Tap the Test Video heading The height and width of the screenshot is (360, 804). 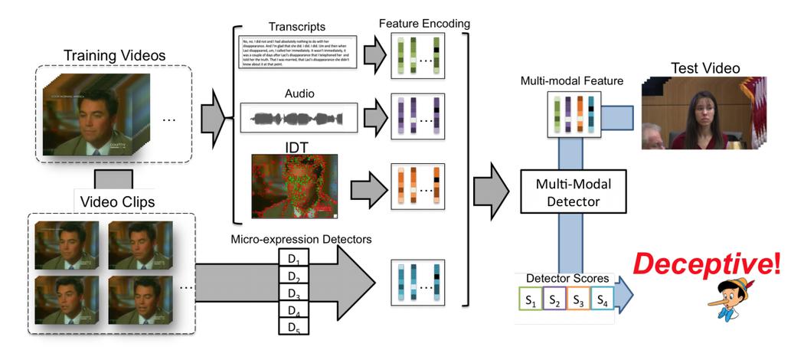tap(705, 68)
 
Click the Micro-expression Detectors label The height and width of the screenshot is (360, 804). tap(301, 239)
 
